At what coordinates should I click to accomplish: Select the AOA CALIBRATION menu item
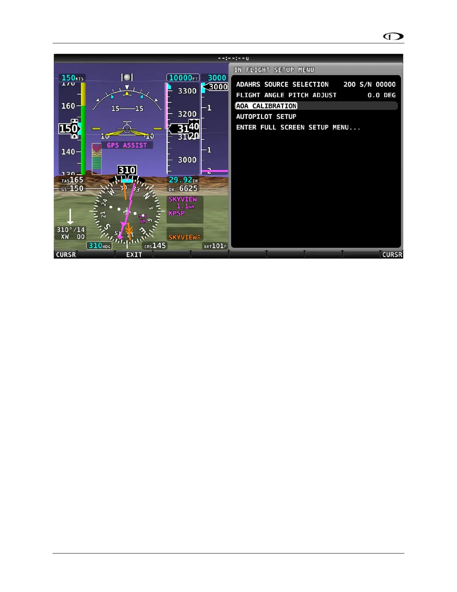[x=266, y=106]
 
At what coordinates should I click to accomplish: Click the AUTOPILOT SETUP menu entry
[x=266, y=117]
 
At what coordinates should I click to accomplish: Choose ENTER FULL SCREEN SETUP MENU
[x=298, y=127]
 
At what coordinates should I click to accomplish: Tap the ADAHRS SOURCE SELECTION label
[x=282, y=84]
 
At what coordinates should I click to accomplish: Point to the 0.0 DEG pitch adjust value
[x=381, y=95]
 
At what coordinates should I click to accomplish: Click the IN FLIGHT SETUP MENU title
[x=274, y=70]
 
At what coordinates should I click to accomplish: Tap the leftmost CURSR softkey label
[x=66, y=255]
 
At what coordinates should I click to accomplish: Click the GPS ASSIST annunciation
[x=127, y=145]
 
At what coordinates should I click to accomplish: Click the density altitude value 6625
[x=188, y=189]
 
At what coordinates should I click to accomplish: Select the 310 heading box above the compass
[x=127, y=170]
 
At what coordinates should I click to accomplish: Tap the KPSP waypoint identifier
[x=177, y=213]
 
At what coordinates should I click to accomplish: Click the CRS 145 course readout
[x=155, y=246]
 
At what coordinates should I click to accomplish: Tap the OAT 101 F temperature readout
[x=215, y=246]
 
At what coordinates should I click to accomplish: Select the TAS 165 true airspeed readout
[x=72, y=180]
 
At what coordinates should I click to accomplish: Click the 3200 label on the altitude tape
[x=187, y=114]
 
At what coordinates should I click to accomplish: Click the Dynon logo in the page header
[x=394, y=37]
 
